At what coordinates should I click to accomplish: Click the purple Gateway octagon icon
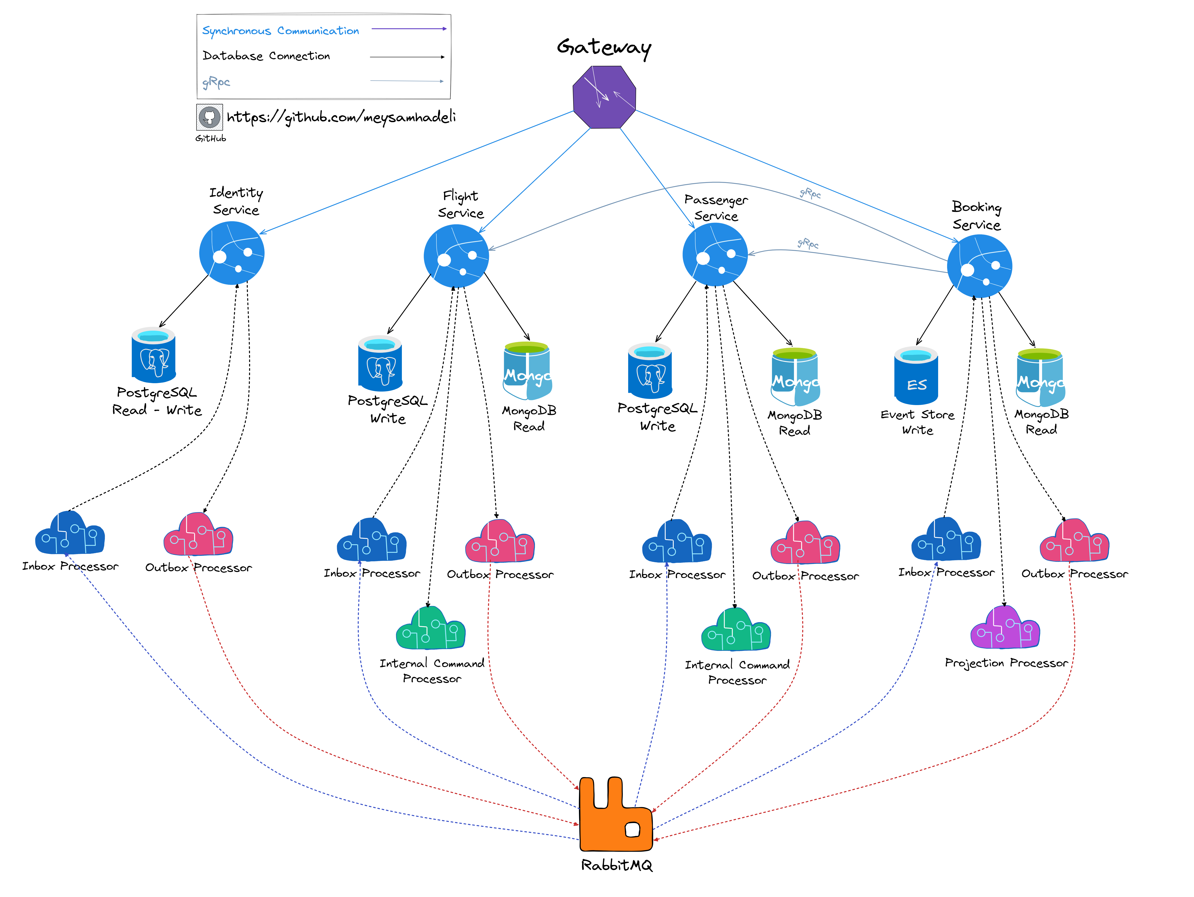pyautogui.click(x=604, y=97)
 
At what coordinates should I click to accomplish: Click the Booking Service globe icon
pyautogui.click(x=979, y=265)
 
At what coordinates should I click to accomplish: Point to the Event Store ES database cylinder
pyautogui.click(x=916, y=376)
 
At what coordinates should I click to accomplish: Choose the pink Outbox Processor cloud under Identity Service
pyautogui.click(x=198, y=535)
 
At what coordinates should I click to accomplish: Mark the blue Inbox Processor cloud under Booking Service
pyautogui.click(x=946, y=540)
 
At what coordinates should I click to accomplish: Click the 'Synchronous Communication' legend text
pyautogui.click(x=280, y=31)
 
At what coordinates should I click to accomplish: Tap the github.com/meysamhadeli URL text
pyautogui.click(x=341, y=117)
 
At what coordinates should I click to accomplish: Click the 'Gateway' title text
pyautogui.click(x=604, y=47)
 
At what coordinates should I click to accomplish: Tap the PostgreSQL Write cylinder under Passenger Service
pyautogui.click(x=650, y=371)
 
